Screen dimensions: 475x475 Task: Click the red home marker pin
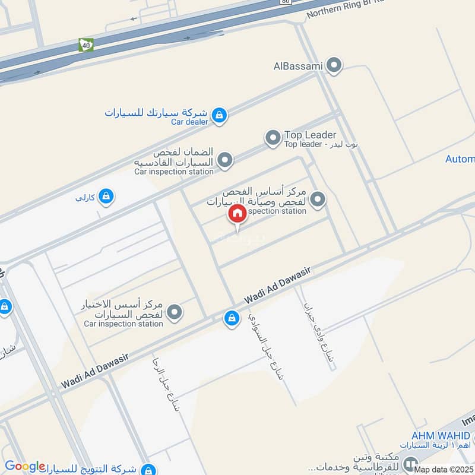pos(237,214)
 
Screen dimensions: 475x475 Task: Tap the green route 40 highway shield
pos(85,45)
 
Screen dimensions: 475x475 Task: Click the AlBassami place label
pos(297,66)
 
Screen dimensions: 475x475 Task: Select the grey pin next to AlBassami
pos(335,65)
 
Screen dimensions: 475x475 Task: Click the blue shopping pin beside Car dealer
pos(219,115)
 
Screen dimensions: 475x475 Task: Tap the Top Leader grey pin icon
pos(273,139)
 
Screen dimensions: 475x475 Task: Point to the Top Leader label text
pos(310,135)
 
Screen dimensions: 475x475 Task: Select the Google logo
pos(25,466)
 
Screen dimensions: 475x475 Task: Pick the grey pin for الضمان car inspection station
pos(225,160)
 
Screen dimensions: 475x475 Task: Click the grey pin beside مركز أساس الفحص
pos(318,199)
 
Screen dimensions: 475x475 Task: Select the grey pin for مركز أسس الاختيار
pos(174,312)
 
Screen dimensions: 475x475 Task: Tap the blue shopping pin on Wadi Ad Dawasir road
pos(231,319)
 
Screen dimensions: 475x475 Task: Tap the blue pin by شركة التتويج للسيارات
pos(149,468)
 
